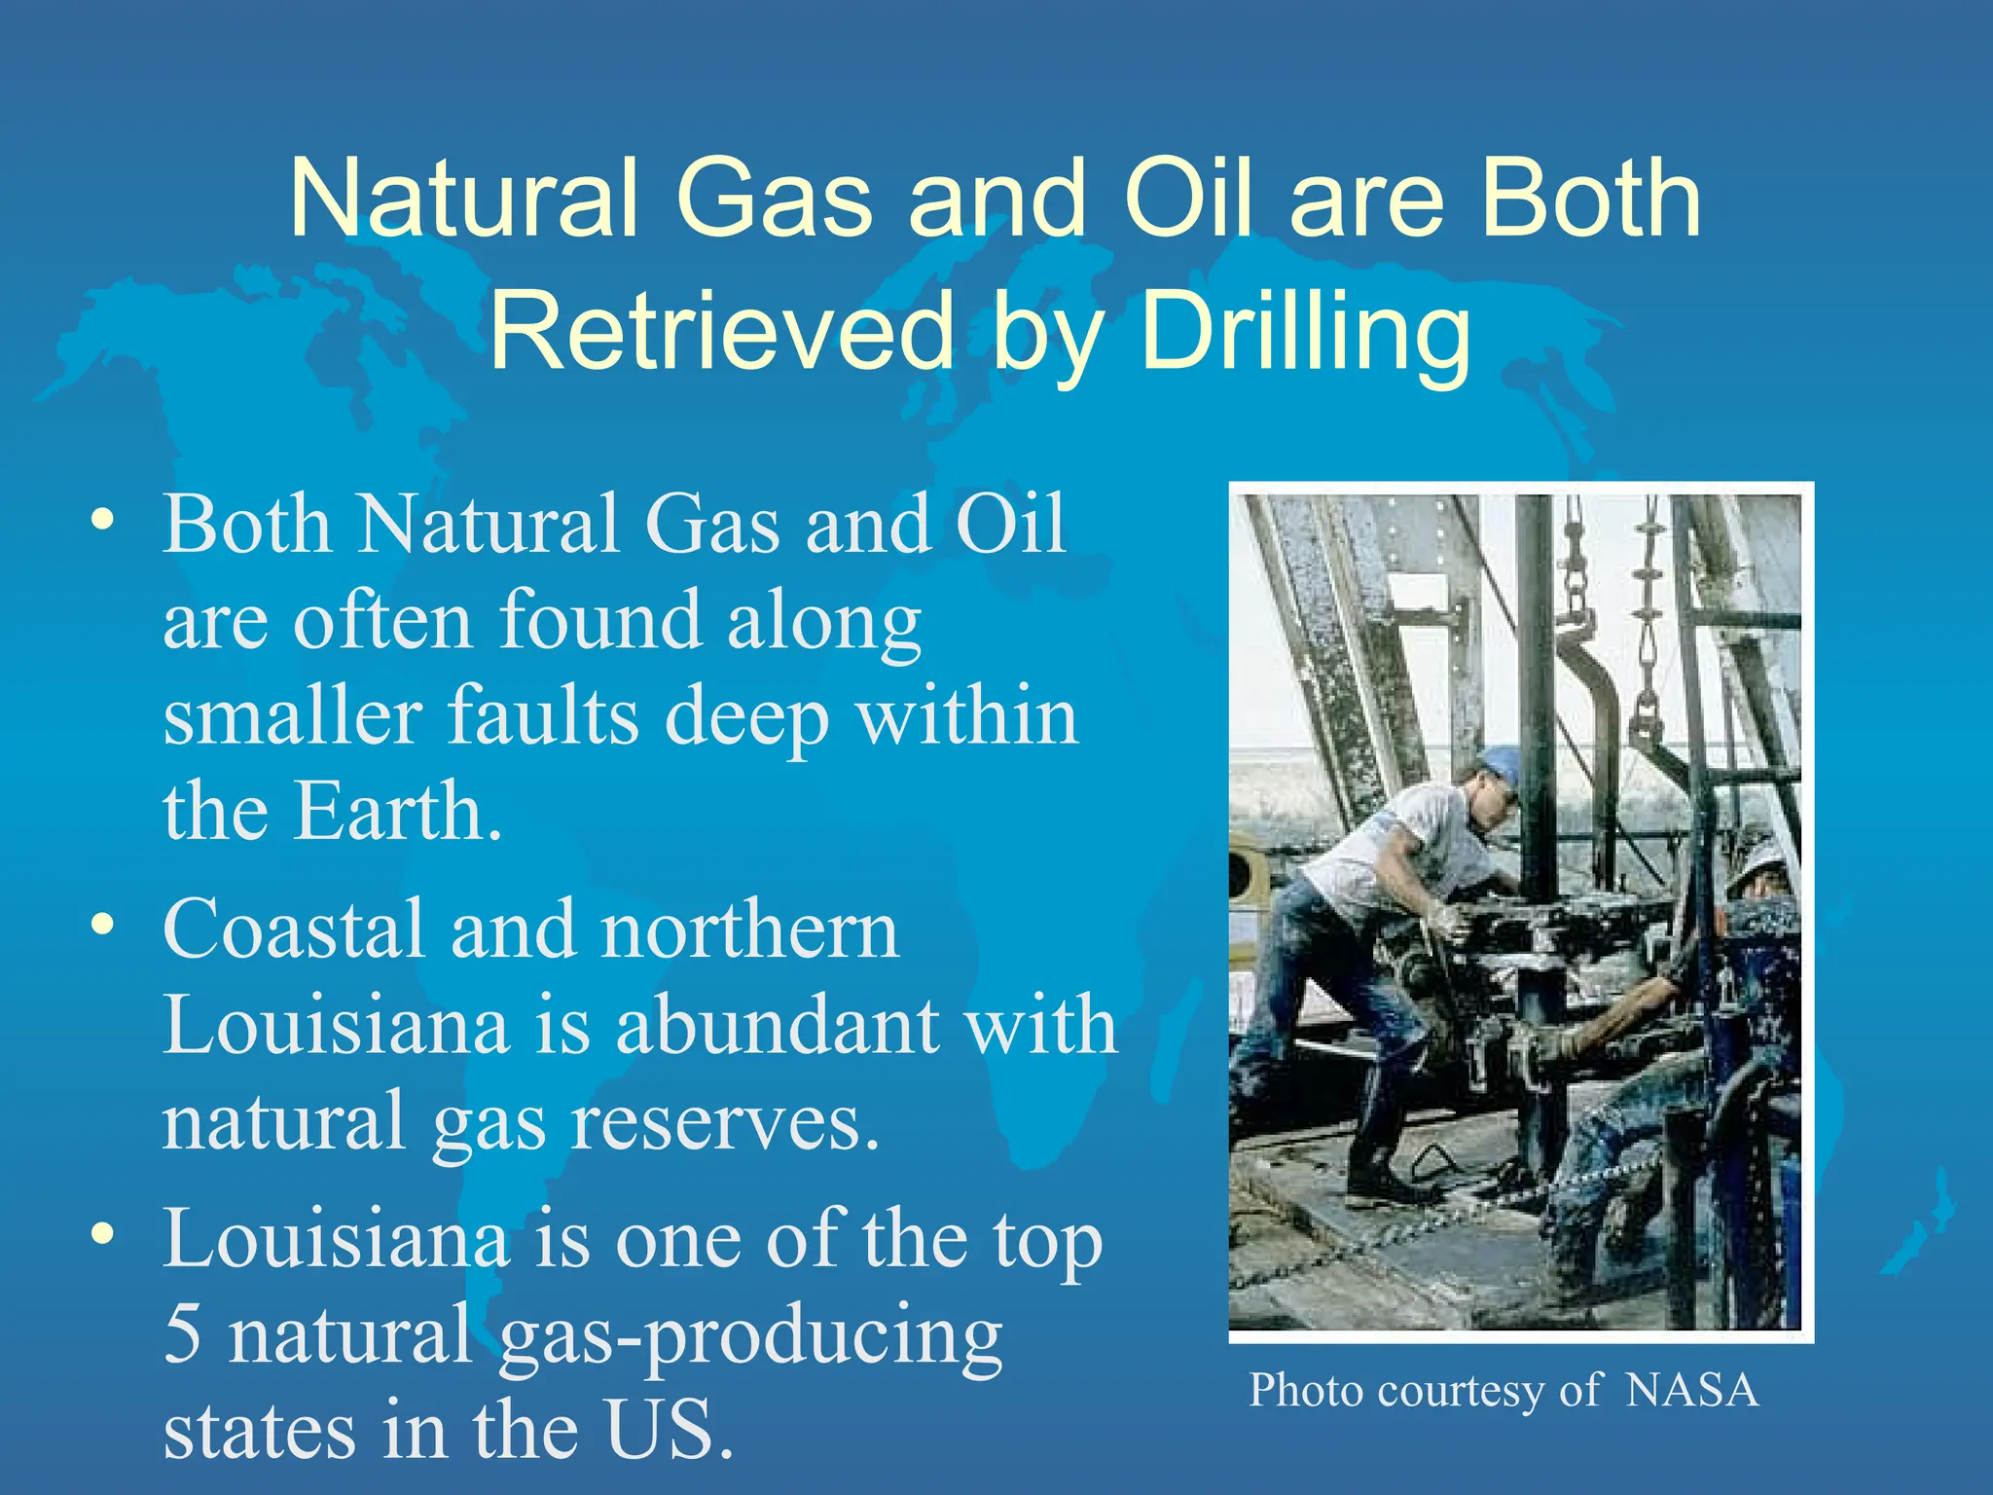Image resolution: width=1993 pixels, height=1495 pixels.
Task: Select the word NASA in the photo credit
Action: pos(1692,1391)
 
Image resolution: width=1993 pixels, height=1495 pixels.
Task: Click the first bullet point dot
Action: pos(102,519)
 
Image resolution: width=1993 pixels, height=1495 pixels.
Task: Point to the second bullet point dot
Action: pos(102,924)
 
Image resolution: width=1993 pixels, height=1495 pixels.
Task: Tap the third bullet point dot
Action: pos(102,1233)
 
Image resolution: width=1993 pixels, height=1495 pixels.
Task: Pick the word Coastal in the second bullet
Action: pos(295,930)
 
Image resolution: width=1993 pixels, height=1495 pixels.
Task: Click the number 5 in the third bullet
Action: pos(183,1334)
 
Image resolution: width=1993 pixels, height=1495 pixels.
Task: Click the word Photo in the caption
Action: pos(1306,1391)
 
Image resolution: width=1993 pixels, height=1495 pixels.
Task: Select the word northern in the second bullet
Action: pos(750,930)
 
